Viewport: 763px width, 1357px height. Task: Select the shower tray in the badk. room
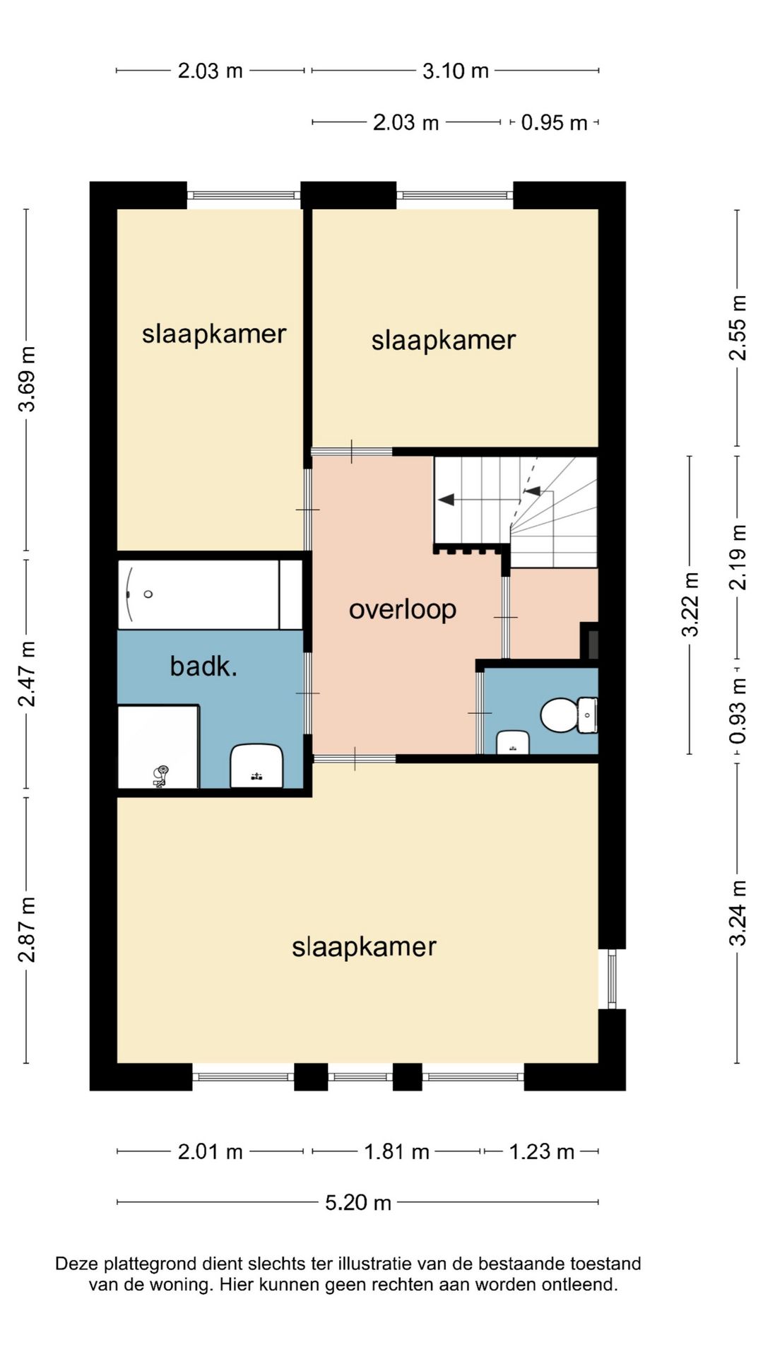pos(158,746)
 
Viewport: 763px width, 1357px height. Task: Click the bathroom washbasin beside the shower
pos(256,765)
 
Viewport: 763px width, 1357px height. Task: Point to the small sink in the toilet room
pos(513,743)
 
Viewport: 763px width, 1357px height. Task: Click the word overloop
pos(402,609)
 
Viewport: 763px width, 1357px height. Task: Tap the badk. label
pos(203,666)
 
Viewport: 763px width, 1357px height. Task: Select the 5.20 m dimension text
pos(358,1202)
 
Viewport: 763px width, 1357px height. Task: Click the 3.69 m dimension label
pos(27,379)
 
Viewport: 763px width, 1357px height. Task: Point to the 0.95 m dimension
pos(554,123)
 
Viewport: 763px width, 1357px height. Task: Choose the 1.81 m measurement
pos(396,1152)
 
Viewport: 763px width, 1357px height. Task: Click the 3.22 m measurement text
pos(690,604)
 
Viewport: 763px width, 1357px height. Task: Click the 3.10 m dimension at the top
pos(455,71)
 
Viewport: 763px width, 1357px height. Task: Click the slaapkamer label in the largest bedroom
pos(364,947)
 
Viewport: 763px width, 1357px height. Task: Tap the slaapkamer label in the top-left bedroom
pos(213,334)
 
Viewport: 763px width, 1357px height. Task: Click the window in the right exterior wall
pos(612,979)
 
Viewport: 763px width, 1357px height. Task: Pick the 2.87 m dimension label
pos(27,929)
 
